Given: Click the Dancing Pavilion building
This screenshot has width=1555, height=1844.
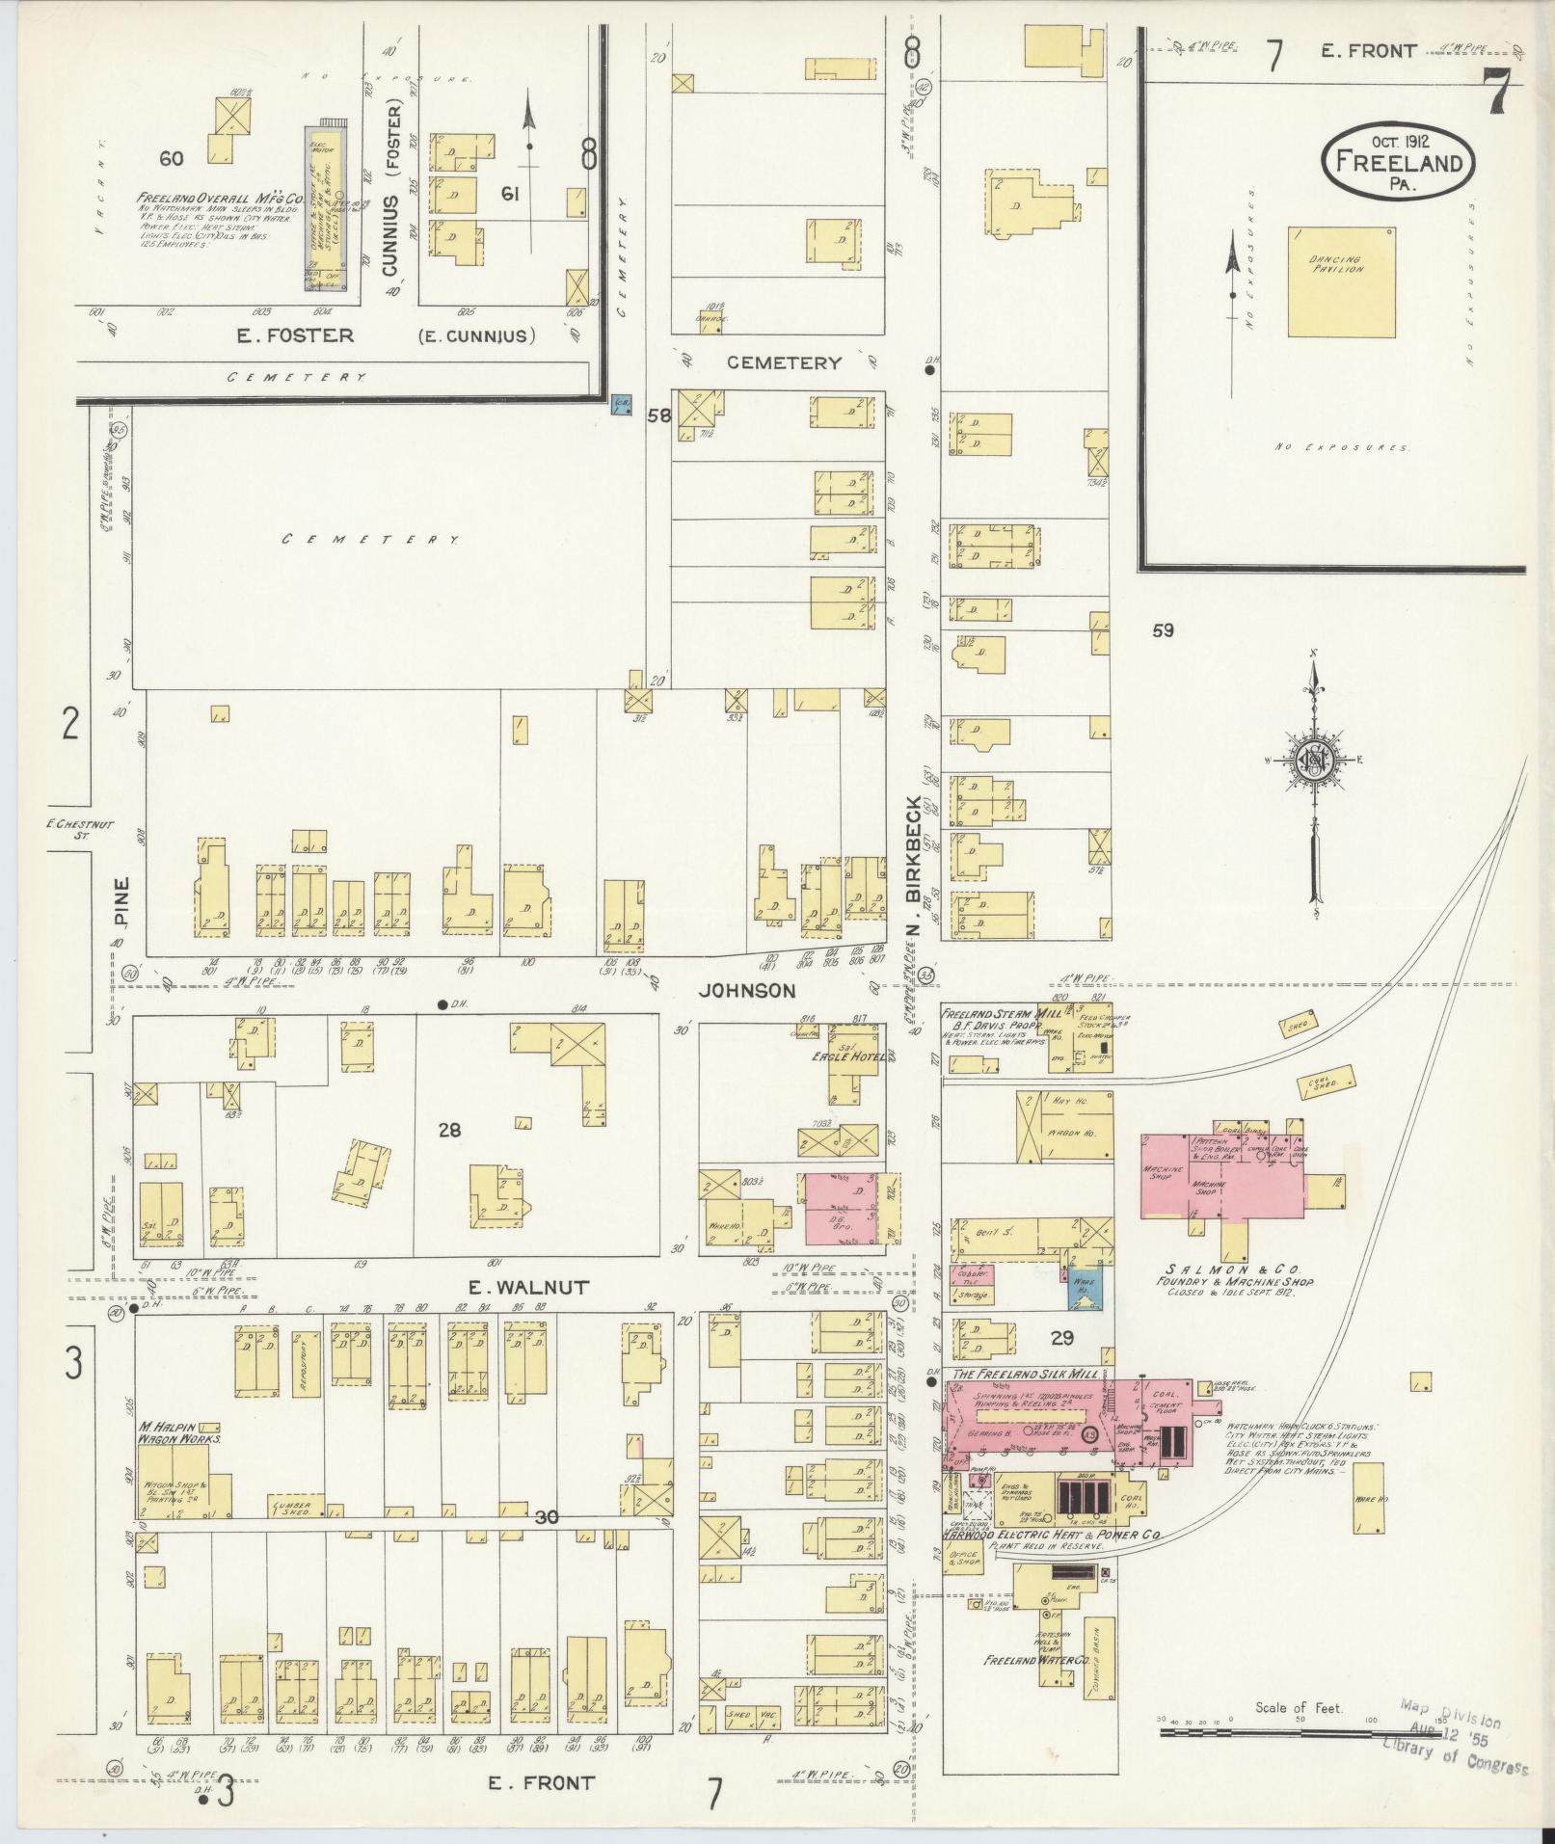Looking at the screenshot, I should (x=1341, y=281).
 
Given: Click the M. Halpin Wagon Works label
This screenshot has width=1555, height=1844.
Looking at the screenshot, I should (x=178, y=1431).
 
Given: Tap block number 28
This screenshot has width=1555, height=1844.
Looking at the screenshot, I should (x=449, y=1129).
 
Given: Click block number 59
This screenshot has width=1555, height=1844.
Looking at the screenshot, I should (x=1163, y=631).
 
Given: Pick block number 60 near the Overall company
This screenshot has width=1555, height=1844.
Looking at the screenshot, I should (x=172, y=158).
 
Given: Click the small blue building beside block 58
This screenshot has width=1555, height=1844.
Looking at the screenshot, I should (x=622, y=404).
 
